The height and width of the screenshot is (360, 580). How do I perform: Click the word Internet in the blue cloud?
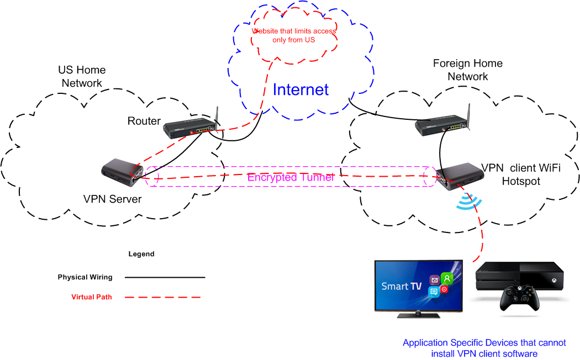point(300,89)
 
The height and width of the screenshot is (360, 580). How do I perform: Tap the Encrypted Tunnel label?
point(291,177)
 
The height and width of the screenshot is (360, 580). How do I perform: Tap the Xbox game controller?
point(519,299)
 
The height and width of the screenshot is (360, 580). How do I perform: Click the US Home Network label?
point(82,77)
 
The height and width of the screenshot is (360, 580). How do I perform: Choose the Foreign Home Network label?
point(468,70)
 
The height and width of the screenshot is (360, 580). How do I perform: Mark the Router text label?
point(144,121)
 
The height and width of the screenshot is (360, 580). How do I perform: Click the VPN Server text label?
point(112,199)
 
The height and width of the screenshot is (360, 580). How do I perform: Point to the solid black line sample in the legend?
point(165,277)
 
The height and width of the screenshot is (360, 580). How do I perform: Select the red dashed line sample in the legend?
point(162,297)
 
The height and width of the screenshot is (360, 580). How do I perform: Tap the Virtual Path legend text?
point(91,297)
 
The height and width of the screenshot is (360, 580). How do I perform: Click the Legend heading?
point(141,255)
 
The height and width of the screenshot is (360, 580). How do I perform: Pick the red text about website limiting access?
point(294,35)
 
